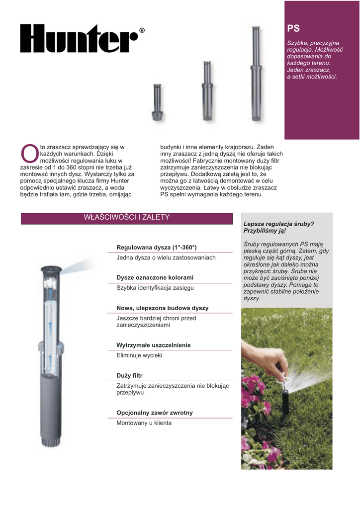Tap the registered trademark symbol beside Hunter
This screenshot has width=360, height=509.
coord(142,31)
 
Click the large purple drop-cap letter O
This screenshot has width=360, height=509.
coord(29,153)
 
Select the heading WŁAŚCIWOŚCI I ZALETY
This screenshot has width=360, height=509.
coord(127,218)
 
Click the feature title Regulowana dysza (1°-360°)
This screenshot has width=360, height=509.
coord(157,247)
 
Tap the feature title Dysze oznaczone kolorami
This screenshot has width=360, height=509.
coord(155,277)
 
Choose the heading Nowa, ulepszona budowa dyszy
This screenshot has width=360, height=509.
coord(162,308)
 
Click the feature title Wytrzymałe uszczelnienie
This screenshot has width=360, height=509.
coord(153,345)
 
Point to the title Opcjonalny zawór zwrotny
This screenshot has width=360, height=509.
coord(154,413)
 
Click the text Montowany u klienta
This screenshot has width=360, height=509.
coord(144,423)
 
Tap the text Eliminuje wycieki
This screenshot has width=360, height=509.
coord(139,355)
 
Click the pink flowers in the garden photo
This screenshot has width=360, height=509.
coord(256,398)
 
